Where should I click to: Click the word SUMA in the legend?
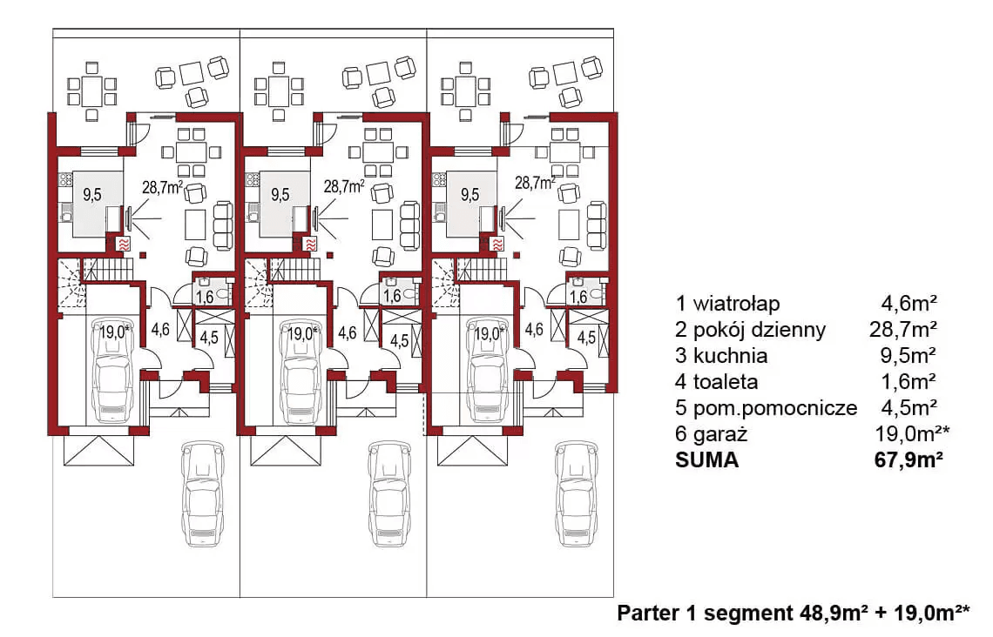pyautogui.click(x=706, y=460)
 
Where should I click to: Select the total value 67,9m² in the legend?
pyautogui.click(x=907, y=460)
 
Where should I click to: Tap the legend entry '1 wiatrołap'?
pyautogui.click(x=727, y=304)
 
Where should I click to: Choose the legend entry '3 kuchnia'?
pyautogui.click(x=721, y=356)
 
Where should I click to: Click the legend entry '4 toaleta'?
pyautogui.click(x=717, y=382)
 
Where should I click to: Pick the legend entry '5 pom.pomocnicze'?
pyautogui.click(x=766, y=408)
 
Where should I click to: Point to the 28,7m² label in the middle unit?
pyautogui.click(x=344, y=185)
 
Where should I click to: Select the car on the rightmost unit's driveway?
pyautogui.click(x=576, y=493)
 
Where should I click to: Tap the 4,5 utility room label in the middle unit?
pyautogui.click(x=398, y=339)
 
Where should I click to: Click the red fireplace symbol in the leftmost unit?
pyautogui.click(x=123, y=245)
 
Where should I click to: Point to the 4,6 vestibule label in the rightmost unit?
pyautogui.click(x=534, y=330)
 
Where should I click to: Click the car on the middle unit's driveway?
pyautogui.click(x=388, y=493)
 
